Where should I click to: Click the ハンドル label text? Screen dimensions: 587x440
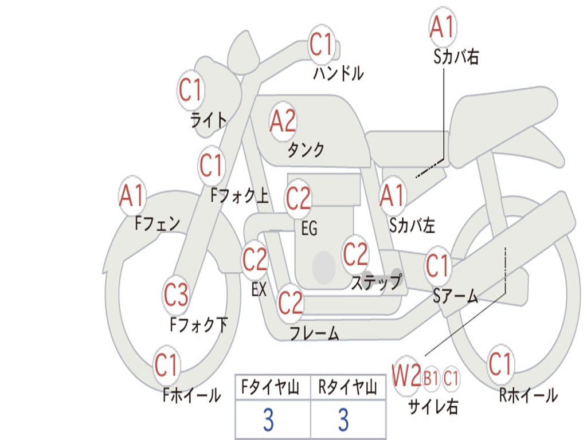(338, 73)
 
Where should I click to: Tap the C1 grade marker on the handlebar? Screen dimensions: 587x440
(321, 45)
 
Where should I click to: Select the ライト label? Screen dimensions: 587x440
(209, 120)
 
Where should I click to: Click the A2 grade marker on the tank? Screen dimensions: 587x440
(283, 121)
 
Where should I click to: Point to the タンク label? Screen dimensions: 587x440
(306, 150)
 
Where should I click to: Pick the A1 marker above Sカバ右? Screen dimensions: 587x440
(443, 27)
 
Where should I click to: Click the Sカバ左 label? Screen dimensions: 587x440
(412, 225)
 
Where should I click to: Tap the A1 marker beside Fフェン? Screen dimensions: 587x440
(131, 196)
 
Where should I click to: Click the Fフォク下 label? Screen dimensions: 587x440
(199, 324)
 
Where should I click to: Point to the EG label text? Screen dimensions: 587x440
(309, 228)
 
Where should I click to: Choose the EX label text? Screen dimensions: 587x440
(259, 289)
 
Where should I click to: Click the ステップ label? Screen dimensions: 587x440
(376, 282)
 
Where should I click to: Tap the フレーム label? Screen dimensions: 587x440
(315, 333)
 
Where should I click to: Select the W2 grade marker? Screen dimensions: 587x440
(406, 376)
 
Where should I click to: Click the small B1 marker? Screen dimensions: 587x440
(431, 378)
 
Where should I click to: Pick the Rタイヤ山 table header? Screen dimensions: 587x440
(348, 387)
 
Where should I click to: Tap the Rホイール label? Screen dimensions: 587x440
(529, 395)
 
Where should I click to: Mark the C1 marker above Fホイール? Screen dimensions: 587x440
(166, 365)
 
